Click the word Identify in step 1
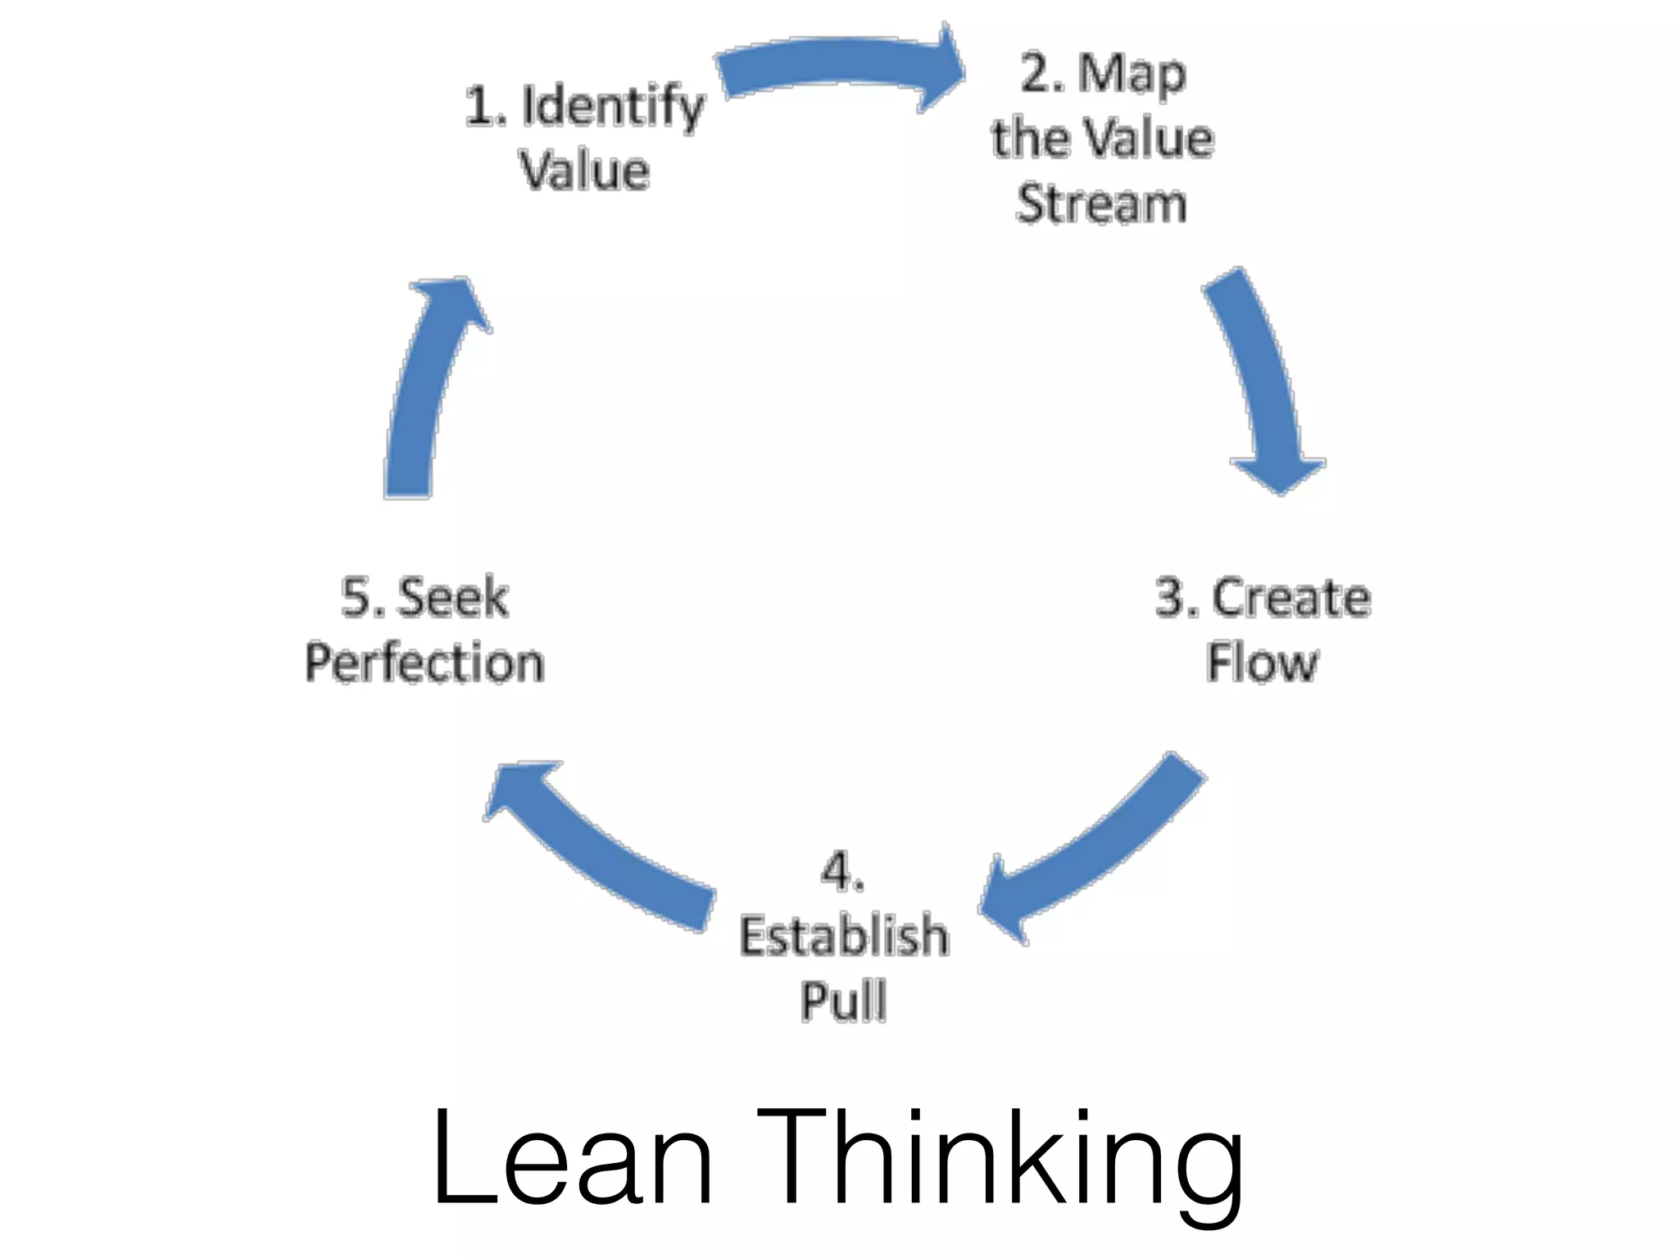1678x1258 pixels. point(613,108)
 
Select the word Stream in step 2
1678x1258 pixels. point(1101,204)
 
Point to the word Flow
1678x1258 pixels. point(1263,663)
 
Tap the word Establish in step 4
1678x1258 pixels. point(844,936)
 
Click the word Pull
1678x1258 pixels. point(844,1001)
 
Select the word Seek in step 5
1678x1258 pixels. point(452,598)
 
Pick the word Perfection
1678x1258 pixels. point(424,663)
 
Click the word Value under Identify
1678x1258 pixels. point(585,172)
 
